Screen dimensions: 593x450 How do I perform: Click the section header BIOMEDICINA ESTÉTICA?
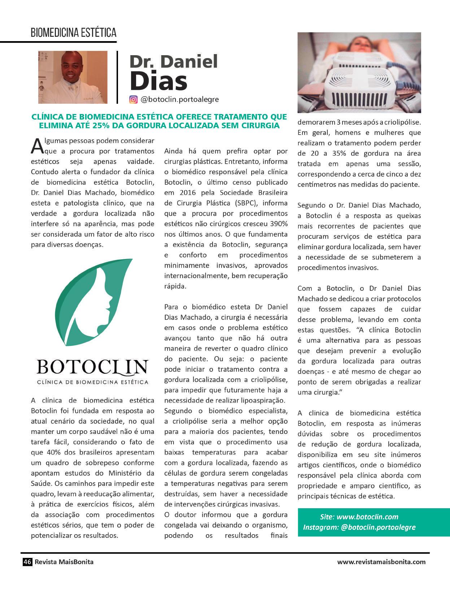(x=74, y=33)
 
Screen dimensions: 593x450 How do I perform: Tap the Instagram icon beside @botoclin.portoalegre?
(x=134, y=100)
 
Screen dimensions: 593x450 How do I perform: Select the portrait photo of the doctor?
(x=73, y=77)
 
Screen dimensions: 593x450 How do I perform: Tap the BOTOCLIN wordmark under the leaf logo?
(x=92, y=367)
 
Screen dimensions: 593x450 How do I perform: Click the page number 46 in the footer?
(x=27, y=562)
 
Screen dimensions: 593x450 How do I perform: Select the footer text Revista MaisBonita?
(x=64, y=562)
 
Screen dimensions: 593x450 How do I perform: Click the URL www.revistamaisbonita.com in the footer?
(x=381, y=562)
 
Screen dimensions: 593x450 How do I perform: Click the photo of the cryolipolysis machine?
(x=359, y=73)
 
